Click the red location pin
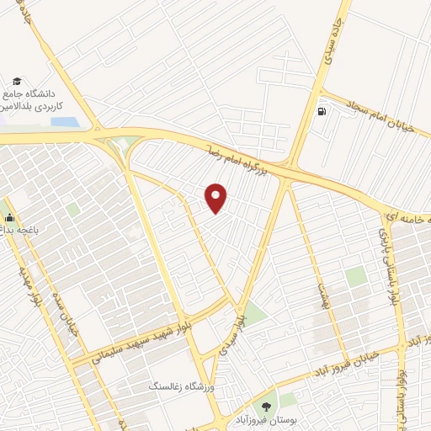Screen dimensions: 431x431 click(x=217, y=197)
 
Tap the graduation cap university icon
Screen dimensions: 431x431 click(x=17, y=81)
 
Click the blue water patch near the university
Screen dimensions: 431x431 click(x=65, y=122)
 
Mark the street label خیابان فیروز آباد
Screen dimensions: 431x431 click(x=344, y=361)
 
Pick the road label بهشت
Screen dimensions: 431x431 click(x=321, y=295)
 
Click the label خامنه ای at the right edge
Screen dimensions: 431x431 click(x=407, y=216)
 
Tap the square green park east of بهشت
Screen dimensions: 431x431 click(x=356, y=276)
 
